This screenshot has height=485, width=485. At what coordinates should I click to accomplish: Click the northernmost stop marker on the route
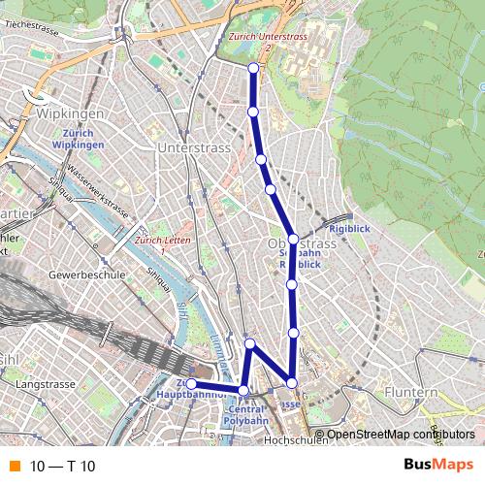(253, 68)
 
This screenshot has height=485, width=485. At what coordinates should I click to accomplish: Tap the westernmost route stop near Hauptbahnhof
(192, 385)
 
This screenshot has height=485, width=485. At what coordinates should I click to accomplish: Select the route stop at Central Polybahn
(243, 391)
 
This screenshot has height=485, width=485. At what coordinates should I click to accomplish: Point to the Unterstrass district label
(193, 147)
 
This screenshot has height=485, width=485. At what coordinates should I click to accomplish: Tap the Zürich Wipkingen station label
(77, 139)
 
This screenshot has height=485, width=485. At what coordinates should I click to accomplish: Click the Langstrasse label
(46, 386)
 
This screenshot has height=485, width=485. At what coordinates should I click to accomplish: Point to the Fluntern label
(410, 392)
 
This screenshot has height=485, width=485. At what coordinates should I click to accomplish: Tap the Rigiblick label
(350, 229)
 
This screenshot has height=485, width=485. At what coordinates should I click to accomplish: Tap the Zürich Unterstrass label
(268, 38)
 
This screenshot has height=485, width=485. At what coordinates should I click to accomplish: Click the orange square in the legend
(14, 466)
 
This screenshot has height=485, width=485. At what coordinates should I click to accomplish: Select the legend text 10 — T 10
(62, 467)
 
